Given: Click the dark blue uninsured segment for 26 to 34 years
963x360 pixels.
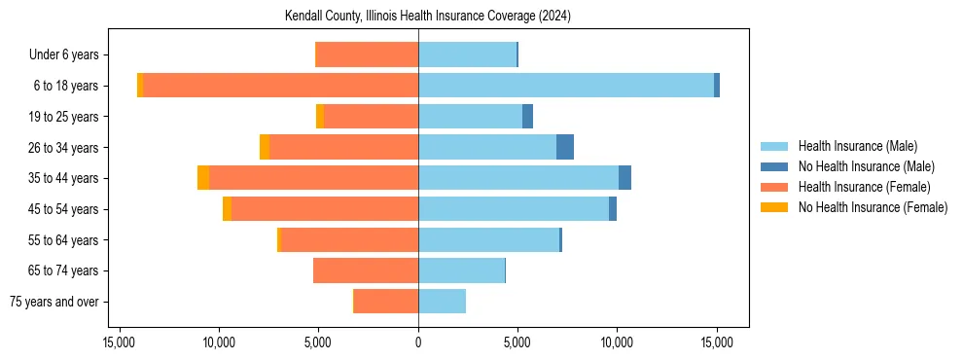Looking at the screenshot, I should (x=565, y=147).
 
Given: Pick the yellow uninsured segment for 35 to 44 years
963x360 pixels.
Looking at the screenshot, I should (x=203, y=178).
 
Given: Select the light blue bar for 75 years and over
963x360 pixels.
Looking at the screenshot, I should (x=442, y=302).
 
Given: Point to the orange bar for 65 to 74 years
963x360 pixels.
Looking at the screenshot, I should (x=366, y=270).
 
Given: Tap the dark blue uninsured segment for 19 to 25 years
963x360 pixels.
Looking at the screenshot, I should (x=527, y=117).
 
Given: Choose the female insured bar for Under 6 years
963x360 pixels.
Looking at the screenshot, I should (x=368, y=54).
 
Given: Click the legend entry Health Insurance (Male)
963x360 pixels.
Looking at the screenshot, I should (x=857, y=146).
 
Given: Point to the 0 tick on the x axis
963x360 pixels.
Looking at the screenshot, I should (x=418, y=342).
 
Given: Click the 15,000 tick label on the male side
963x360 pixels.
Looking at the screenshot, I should (x=717, y=342).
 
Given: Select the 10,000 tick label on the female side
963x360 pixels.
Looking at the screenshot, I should (x=219, y=342).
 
